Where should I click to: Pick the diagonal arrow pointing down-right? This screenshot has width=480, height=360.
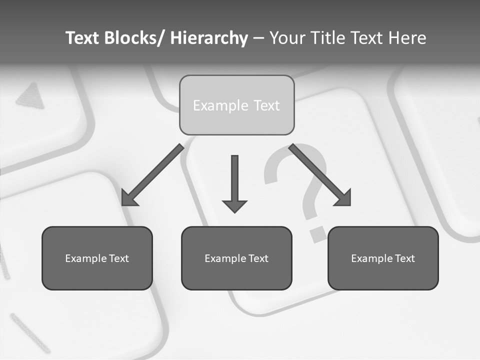tap(320, 175)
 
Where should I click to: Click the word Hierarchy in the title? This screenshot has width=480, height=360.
tap(209, 38)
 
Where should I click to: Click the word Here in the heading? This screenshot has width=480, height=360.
tap(407, 38)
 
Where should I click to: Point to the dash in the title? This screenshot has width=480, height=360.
tap(258, 38)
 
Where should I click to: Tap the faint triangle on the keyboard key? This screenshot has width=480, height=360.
tap(31, 96)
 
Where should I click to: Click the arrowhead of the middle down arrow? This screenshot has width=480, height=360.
tap(234, 206)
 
